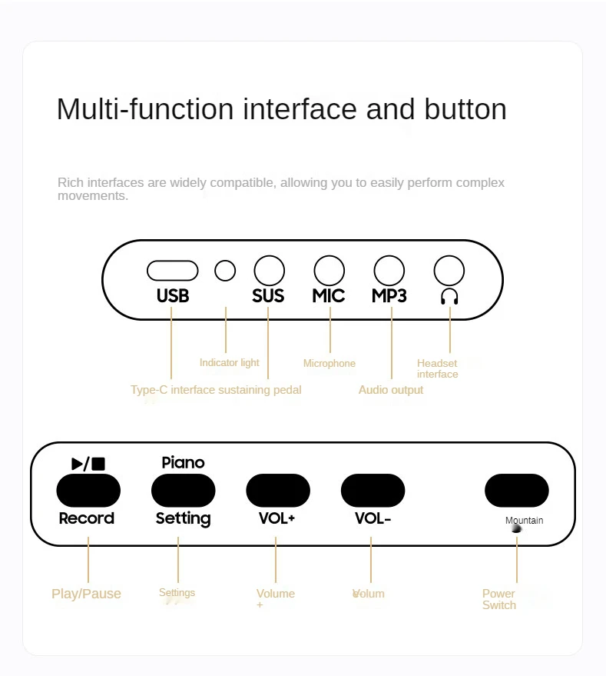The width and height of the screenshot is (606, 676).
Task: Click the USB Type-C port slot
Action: pos(173,271)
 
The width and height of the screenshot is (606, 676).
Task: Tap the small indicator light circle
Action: pos(225,271)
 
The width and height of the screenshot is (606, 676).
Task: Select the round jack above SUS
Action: pos(269,271)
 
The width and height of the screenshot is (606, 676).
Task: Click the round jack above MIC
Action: pos(329,271)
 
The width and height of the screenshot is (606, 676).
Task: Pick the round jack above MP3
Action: pos(389,271)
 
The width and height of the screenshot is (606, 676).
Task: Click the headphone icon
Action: pos(449,296)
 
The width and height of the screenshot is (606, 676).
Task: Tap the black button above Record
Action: pos(88,490)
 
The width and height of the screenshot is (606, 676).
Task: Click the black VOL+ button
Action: pos(277,490)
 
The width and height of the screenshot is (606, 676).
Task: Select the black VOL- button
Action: pos(373,490)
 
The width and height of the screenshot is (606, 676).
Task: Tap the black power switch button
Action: pos(516,490)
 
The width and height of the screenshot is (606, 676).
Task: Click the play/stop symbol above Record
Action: pos(88,463)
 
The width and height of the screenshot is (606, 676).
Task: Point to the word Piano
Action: pos(183,462)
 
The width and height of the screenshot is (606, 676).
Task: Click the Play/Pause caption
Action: pos(86,594)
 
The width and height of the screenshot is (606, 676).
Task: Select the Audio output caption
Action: pos(391,390)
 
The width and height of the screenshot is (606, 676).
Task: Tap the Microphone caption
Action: pos(329,363)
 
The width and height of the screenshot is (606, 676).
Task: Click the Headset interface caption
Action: pos(437,368)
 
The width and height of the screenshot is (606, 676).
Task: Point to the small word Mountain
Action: pos(524,521)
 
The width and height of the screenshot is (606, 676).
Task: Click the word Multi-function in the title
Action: pos(146,109)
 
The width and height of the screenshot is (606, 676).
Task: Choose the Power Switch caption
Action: pos(499,599)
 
